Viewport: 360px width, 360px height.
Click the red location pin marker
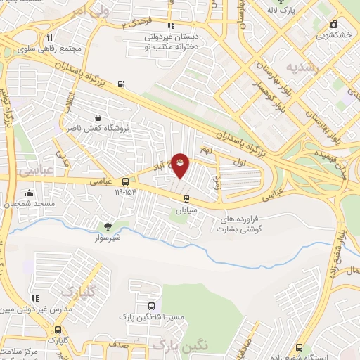pos(180,165)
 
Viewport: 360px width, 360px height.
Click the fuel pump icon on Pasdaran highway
pos(122,85)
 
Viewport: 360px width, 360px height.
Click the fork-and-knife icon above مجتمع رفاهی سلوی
pos(49,37)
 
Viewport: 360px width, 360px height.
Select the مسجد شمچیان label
pos(28,204)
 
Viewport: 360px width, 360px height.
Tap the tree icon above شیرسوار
pos(108,226)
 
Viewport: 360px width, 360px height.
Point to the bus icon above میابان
pos(186,199)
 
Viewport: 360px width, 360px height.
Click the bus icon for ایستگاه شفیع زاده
pos(300,347)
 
